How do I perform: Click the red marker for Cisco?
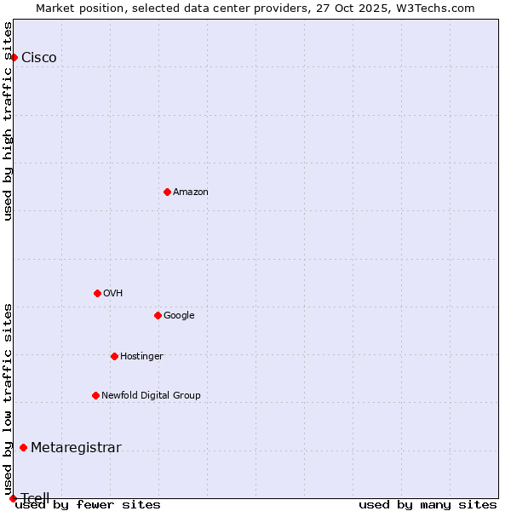click(x=14, y=57)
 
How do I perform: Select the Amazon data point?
click(x=167, y=192)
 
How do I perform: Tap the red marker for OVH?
click(x=97, y=293)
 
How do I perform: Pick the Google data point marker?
click(x=158, y=315)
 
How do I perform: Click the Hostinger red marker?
click(x=114, y=356)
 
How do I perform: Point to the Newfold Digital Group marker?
click(x=95, y=395)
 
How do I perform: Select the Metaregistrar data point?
click(x=23, y=448)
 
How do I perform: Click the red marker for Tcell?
click(x=13, y=498)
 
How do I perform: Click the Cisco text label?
click(x=39, y=58)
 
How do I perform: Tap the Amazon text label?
click(x=191, y=192)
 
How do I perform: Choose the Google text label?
click(x=179, y=316)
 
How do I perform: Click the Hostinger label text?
click(x=141, y=357)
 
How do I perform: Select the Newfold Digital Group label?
click(x=151, y=396)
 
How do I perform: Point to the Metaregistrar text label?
click(x=76, y=448)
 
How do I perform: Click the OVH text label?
click(x=113, y=294)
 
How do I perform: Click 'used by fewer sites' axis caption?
click(x=88, y=505)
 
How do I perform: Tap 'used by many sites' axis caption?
click(x=428, y=505)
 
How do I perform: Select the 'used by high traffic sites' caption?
click(x=9, y=121)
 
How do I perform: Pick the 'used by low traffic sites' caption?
click(x=9, y=399)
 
